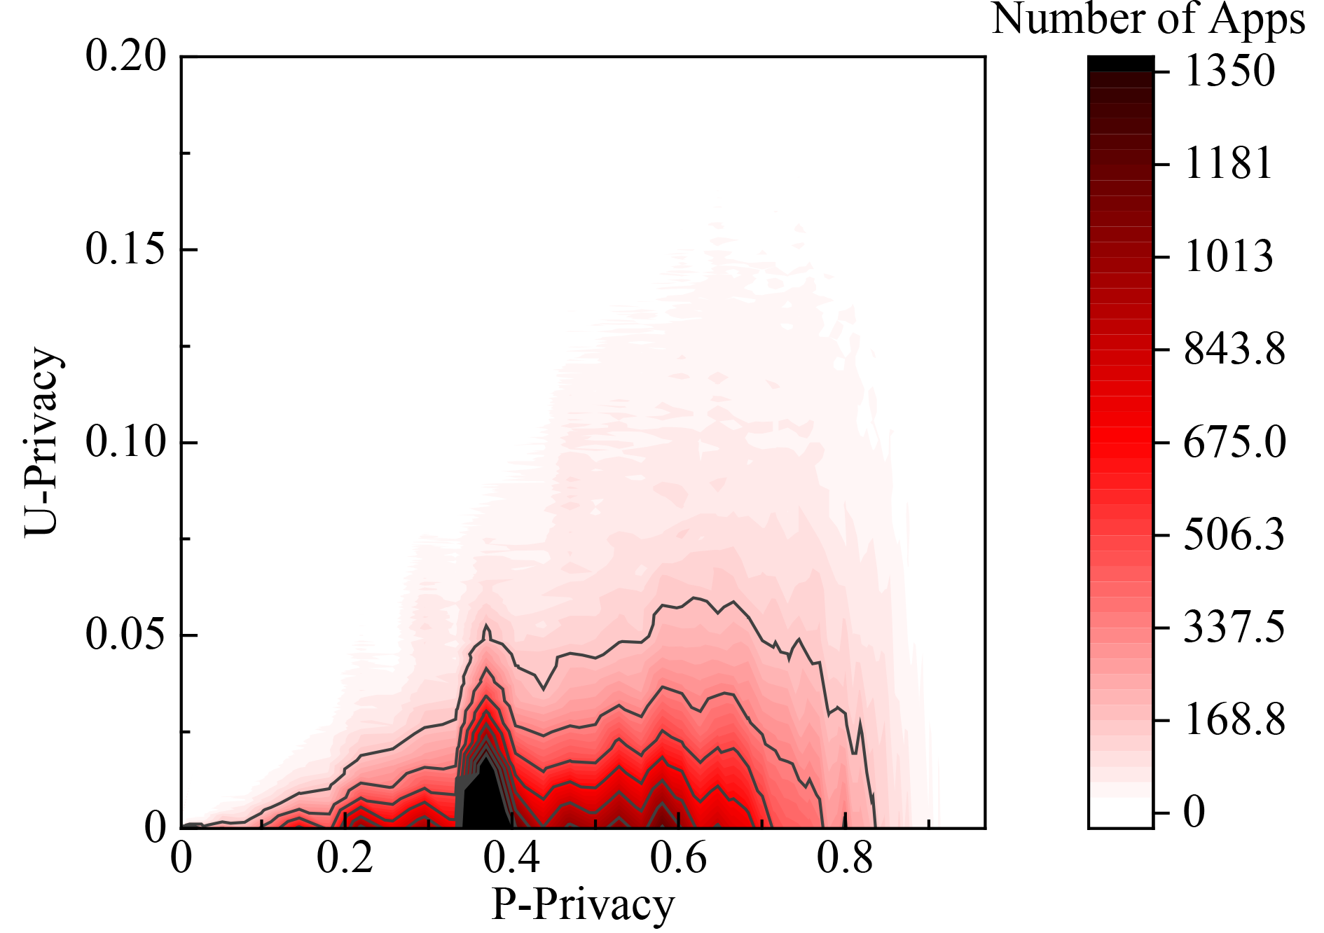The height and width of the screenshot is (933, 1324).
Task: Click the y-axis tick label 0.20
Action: [x=126, y=56]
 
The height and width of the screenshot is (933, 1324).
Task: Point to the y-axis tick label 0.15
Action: [x=126, y=249]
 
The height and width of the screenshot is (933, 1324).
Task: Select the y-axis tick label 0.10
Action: [x=126, y=442]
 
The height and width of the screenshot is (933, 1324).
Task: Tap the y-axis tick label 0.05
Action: [x=126, y=635]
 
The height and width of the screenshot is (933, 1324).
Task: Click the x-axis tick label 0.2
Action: [x=345, y=859]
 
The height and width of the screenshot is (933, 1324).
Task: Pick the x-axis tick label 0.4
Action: [x=512, y=859]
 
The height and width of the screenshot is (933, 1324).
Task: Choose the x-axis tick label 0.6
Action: [x=679, y=859]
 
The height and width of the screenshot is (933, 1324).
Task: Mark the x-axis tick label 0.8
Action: [x=846, y=859]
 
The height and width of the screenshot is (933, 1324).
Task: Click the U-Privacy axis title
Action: [x=42, y=442]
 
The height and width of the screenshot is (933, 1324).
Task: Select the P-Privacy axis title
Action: [x=583, y=905]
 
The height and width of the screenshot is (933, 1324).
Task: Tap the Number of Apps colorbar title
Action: [x=1149, y=20]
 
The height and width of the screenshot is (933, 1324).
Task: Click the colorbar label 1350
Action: [x=1230, y=71]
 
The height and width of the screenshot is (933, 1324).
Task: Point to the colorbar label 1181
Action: [x=1229, y=165]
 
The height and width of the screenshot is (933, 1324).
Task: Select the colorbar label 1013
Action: [x=1229, y=257]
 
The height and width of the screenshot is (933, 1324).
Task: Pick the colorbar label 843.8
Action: [x=1235, y=350]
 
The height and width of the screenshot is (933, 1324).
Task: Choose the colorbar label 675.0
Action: [x=1235, y=443]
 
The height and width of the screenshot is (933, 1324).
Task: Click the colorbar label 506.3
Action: [x=1234, y=535]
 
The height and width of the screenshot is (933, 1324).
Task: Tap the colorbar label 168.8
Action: [x=1235, y=720]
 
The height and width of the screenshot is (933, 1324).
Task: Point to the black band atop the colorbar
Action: [x=1121, y=64]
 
